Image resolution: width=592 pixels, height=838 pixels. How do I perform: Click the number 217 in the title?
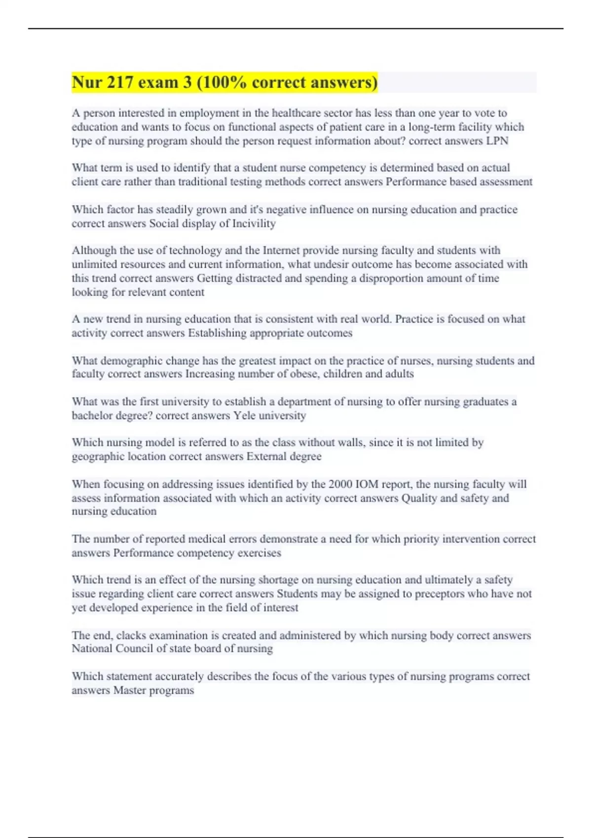[x=118, y=82]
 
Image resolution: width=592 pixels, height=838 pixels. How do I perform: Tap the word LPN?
[x=497, y=141]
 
